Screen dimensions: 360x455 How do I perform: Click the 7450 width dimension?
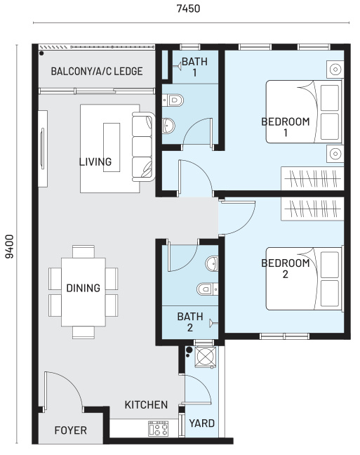(188, 8)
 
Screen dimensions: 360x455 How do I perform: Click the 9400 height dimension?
(10, 246)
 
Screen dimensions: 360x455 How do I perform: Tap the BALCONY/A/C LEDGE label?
(97, 72)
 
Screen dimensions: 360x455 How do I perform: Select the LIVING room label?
(95, 161)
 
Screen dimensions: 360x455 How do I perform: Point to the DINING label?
(84, 288)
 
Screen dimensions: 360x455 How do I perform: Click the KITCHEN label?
(146, 405)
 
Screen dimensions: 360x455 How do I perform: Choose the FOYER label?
(71, 430)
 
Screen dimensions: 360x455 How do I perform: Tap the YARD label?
(202, 423)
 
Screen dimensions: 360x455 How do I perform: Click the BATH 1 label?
(194, 67)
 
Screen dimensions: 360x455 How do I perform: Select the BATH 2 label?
(190, 322)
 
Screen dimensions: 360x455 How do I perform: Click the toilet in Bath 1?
(173, 100)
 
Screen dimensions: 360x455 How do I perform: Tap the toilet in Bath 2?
(208, 289)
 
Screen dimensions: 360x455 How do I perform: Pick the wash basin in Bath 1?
(168, 126)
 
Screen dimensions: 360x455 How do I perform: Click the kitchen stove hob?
(158, 428)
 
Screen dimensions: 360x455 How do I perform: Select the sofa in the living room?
(143, 147)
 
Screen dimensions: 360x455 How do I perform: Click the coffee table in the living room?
(112, 147)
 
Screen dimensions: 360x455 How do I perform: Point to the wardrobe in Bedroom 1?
(312, 178)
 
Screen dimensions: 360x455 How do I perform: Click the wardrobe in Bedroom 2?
(312, 209)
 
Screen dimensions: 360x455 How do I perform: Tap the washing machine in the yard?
(206, 357)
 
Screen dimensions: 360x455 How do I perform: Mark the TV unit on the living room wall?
(43, 149)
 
